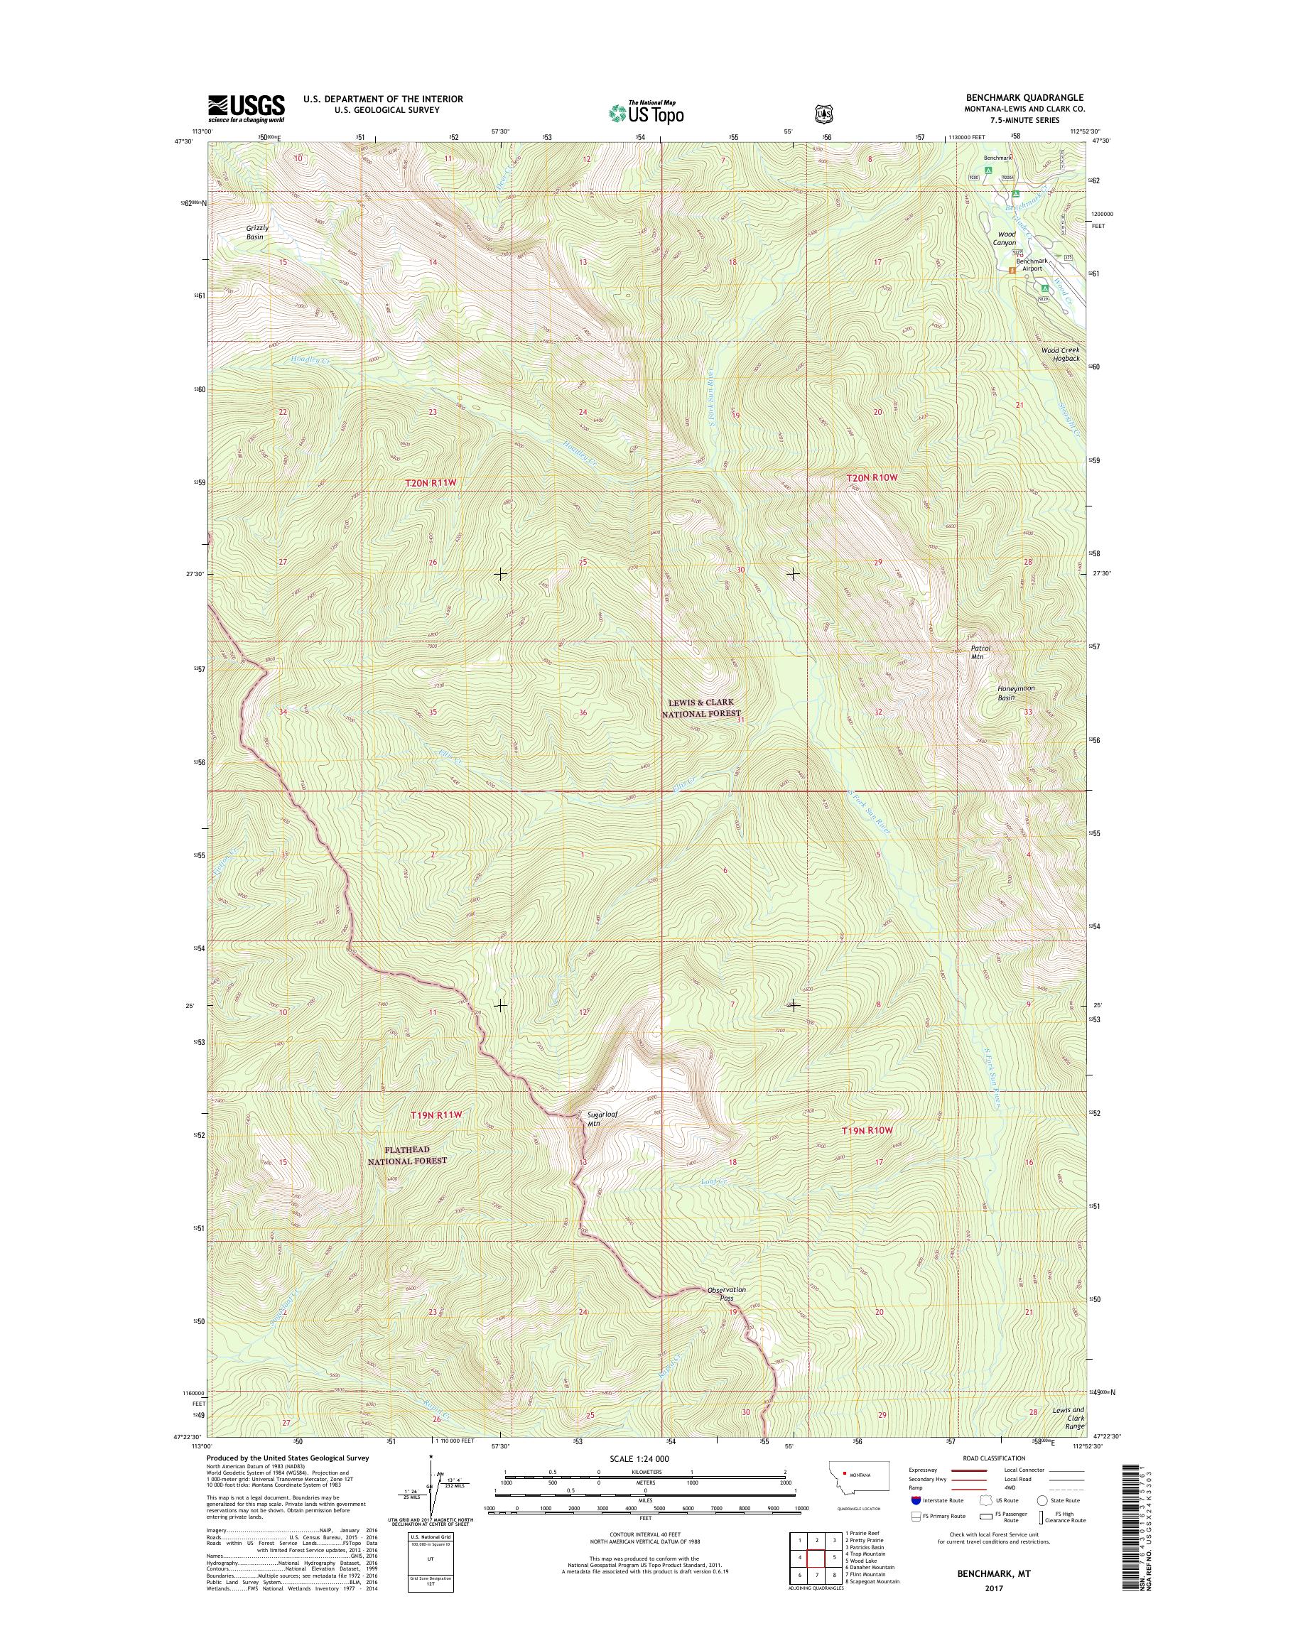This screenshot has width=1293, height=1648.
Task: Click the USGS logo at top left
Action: [246, 109]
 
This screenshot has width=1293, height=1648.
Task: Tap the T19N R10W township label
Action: [867, 1151]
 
